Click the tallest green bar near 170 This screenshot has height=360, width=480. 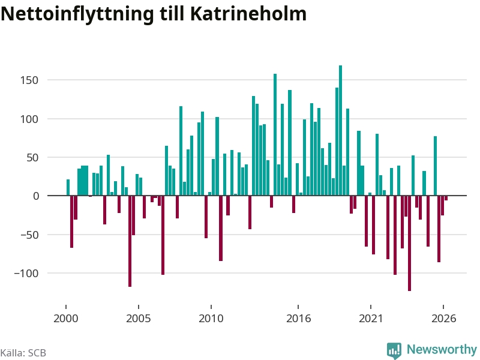coord(340,130)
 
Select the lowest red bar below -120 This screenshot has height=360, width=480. coord(410,244)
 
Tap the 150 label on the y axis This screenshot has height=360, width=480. coord(29,80)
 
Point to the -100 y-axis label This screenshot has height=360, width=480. coord(26,273)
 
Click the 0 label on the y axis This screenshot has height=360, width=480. coord(36,196)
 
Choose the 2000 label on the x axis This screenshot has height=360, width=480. coord(66,319)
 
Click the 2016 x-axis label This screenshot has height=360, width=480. coord(298,319)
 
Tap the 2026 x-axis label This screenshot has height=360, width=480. coord(444,319)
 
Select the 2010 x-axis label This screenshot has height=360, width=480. coord(211,319)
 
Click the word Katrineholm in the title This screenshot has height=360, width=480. coord(248,14)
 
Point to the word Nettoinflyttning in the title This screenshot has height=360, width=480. coord(77,14)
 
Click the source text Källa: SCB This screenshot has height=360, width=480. coord(23,353)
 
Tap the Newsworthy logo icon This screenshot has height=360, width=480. coord(394,350)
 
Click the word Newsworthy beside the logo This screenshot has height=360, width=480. coord(442,349)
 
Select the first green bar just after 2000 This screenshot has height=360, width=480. coord(68,187)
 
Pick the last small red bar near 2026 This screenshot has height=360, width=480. coord(446,198)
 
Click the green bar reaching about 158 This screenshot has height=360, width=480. coord(275,134)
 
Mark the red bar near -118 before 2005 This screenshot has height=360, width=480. coord(130,241)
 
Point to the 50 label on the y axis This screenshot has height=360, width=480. coord(33,158)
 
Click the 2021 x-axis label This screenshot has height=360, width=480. coord(371,319)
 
